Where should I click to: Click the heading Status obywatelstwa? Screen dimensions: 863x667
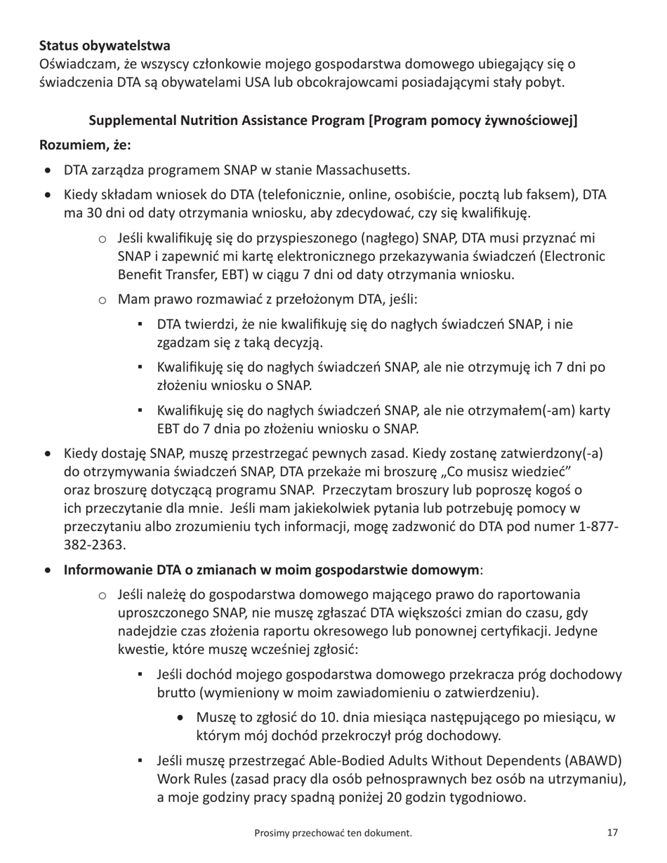(x=104, y=46)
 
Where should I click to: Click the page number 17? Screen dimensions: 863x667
(x=612, y=833)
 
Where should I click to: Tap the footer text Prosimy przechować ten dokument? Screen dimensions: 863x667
(x=333, y=834)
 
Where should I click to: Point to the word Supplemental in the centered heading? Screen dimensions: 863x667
(x=133, y=120)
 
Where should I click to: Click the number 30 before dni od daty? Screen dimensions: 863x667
(x=92, y=213)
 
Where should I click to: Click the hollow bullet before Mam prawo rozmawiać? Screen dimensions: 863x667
(x=102, y=300)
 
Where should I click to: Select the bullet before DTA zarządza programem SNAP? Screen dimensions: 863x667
(x=47, y=170)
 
